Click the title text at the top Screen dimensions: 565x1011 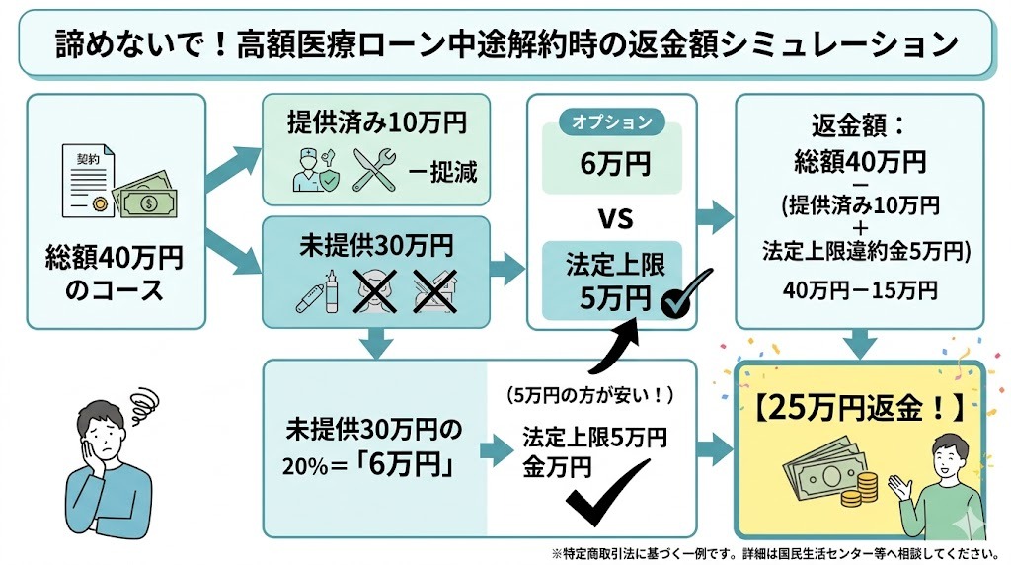[505, 44]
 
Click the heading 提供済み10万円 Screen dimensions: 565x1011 [374, 123]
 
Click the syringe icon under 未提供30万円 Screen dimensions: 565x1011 [315, 291]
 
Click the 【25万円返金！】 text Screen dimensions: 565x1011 [859, 407]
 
